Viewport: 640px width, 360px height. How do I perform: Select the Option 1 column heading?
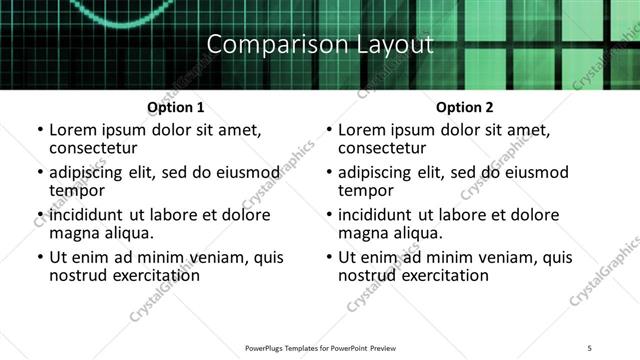coord(176,107)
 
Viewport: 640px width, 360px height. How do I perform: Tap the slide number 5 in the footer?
coord(590,348)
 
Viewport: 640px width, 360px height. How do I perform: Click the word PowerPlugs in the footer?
coord(268,348)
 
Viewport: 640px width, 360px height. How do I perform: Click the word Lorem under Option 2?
coord(361,130)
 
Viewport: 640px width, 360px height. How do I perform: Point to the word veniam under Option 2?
coord(495,257)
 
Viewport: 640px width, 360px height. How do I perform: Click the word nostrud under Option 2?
coord(368,275)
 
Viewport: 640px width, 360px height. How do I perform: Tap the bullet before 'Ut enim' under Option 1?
coord(39,258)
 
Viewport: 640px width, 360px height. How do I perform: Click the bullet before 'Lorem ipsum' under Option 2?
coord(328,131)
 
